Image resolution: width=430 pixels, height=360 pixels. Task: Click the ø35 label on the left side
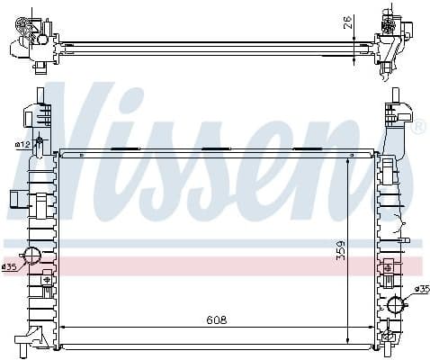pyautogui.click(x=10, y=267)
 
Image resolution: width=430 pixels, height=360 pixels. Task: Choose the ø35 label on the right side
pyautogui.click(x=419, y=289)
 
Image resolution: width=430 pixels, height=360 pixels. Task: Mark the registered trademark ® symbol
pyautogui.click(x=418, y=127)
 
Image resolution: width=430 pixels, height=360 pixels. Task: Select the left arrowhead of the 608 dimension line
pyautogui.click(x=62, y=327)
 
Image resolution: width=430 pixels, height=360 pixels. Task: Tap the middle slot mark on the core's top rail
pyautogui.click(x=217, y=148)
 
